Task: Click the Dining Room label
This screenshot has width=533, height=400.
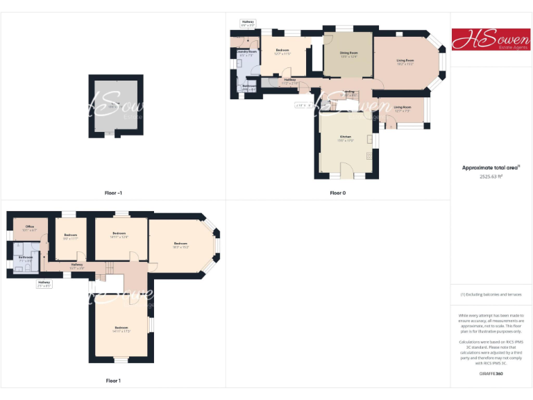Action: point(349,54)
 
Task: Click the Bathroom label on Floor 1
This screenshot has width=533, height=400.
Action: point(26,258)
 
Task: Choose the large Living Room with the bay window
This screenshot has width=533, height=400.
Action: point(405,62)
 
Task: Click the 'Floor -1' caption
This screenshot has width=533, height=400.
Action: point(113,192)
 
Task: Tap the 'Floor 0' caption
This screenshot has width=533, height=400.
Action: point(338,192)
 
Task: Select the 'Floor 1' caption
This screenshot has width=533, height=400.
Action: point(113,381)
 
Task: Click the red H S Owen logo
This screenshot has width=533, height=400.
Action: point(491,40)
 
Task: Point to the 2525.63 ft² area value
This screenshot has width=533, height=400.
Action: point(491,176)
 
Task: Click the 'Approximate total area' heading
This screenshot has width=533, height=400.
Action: point(491,167)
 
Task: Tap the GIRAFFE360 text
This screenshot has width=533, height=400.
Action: point(491,374)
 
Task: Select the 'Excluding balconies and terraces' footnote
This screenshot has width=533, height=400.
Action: point(491,294)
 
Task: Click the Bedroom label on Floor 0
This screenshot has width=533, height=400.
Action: point(282,51)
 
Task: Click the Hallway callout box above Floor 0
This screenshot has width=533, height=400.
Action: point(248,23)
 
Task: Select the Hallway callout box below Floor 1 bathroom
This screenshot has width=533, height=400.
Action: point(44,283)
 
